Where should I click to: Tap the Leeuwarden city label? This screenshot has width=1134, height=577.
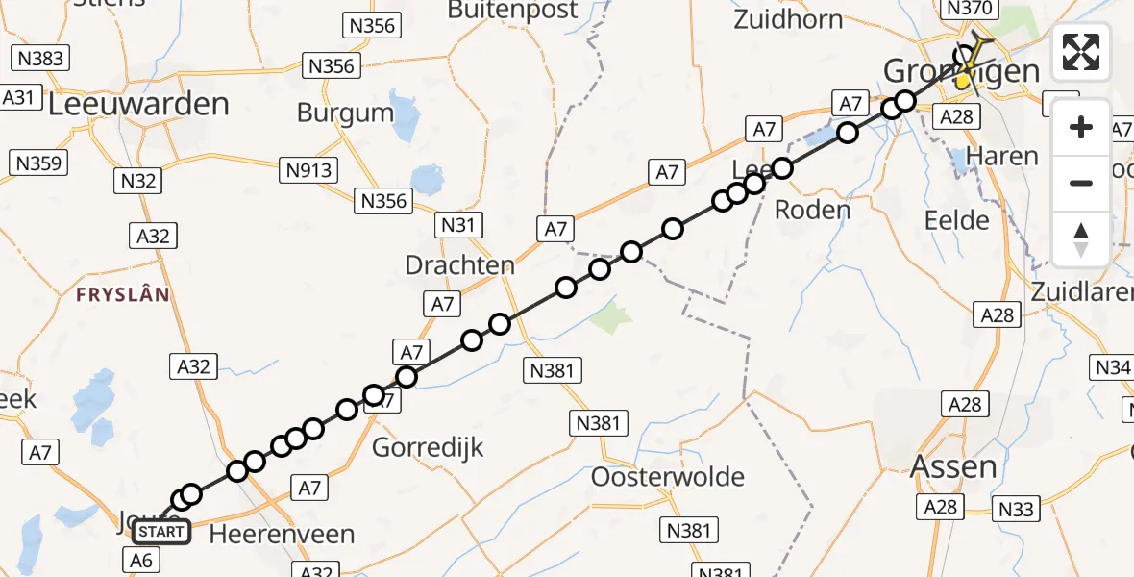pos(138,104)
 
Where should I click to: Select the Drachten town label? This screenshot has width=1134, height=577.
pos(459,265)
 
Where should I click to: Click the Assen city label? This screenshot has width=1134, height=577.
pos(953,467)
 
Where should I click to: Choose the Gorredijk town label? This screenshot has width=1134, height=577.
pos(428,447)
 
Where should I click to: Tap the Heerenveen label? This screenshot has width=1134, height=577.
pos(281,534)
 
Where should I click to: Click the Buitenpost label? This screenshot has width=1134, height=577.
pos(513,11)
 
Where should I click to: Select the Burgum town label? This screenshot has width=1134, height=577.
pos(345,113)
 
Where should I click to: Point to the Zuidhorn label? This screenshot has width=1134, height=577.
pos(787,19)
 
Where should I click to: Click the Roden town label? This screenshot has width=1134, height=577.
pos(812,210)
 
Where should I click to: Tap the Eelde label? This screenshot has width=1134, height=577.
pos(956,220)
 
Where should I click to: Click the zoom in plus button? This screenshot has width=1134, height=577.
pos(1081,127)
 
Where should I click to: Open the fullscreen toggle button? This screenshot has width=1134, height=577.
pos(1081,52)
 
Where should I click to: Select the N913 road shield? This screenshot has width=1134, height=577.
pos(308,170)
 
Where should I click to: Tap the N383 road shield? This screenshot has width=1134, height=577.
pos(41,59)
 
